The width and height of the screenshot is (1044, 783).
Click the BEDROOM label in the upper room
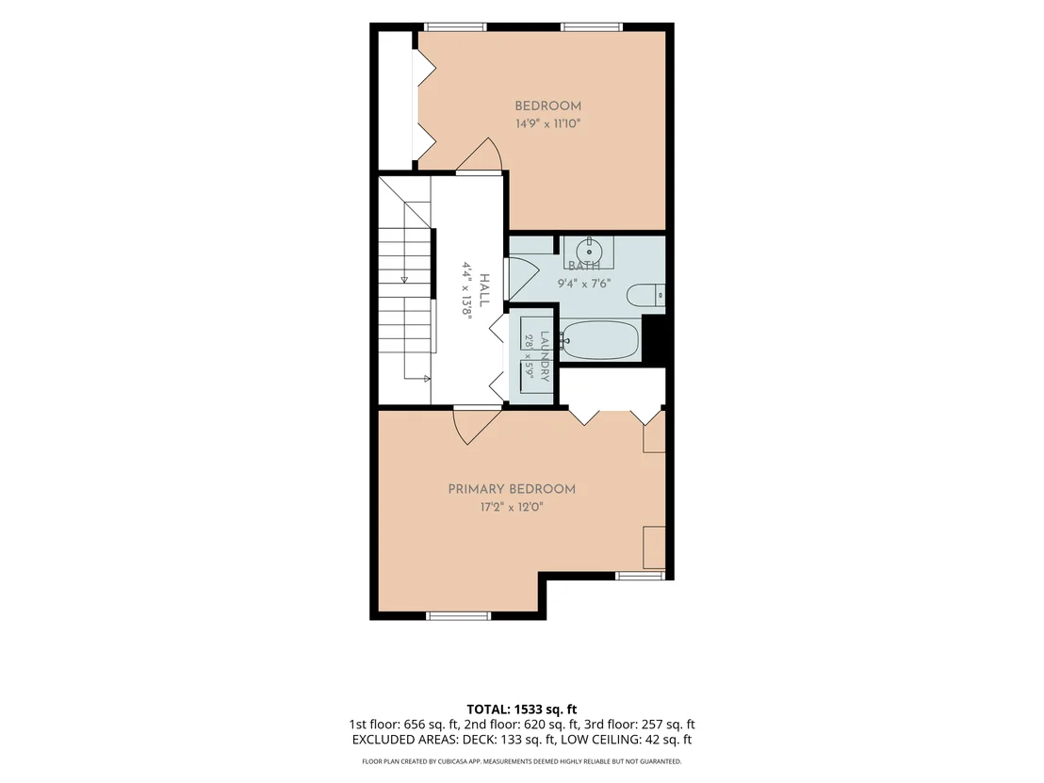(548, 106)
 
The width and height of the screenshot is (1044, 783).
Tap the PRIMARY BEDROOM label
(512, 489)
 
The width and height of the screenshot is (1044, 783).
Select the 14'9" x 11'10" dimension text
(548, 123)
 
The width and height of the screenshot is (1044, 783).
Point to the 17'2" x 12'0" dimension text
(512, 507)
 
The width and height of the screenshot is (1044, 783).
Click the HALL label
(484, 290)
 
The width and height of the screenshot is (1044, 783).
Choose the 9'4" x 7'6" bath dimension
(584, 284)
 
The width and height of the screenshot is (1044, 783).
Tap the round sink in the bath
(589, 253)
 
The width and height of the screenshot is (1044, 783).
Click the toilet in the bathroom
(645, 295)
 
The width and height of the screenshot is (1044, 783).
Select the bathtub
(599, 339)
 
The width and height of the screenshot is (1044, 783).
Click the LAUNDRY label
(545, 357)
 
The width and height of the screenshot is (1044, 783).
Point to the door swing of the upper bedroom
(480, 154)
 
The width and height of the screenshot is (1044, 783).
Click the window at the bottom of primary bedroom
(458, 616)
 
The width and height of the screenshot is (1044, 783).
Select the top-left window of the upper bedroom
(455, 27)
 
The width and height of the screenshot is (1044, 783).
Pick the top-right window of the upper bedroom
(591, 27)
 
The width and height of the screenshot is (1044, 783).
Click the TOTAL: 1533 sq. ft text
(521, 710)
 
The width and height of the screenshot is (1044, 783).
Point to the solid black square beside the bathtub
(654, 339)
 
